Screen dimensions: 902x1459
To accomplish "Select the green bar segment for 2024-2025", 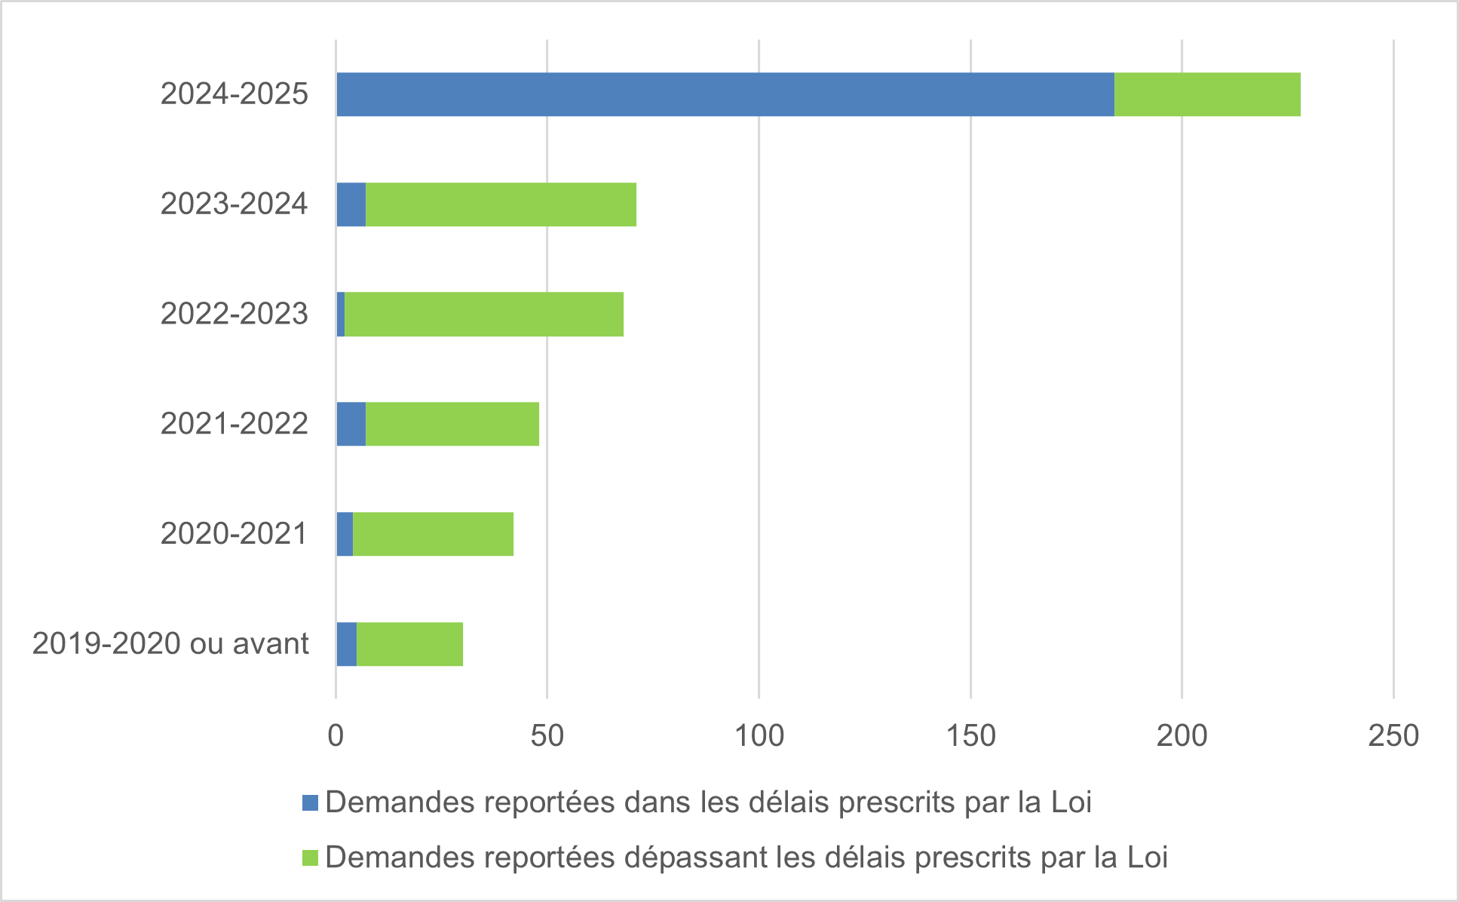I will [x=1206, y=94].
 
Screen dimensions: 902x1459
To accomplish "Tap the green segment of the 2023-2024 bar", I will [x=501, y=204].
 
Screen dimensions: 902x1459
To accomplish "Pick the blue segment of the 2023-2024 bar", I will [x=351, y=204].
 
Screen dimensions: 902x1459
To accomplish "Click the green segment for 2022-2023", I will [x=484, y=314].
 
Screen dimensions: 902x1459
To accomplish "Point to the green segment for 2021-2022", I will [x=452, y=424].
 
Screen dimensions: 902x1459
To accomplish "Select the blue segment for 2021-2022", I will [x=351, y=424].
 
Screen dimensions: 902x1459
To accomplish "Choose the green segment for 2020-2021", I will [x=433, y=534].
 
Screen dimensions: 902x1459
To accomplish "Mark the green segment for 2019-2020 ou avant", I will [x=409, y=644].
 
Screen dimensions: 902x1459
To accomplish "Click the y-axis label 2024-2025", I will [x=234, y=94].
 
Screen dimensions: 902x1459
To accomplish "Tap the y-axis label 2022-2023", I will [x=234, y=314].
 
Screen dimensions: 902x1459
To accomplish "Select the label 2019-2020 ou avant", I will [x=170, y=644].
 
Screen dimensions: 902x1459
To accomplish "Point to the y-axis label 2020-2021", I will [x=234, y=534].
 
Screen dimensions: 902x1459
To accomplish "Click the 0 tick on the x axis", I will [x=336, y=736].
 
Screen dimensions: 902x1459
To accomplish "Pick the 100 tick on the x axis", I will [x=759, y=736].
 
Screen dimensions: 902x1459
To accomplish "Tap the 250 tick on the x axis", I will [x=1393, y=736].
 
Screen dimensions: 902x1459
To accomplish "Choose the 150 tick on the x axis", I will [x=970, y=736].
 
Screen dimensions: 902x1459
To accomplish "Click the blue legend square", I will [x=310, y=802].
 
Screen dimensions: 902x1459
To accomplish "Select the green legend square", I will [x=310, y=858].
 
